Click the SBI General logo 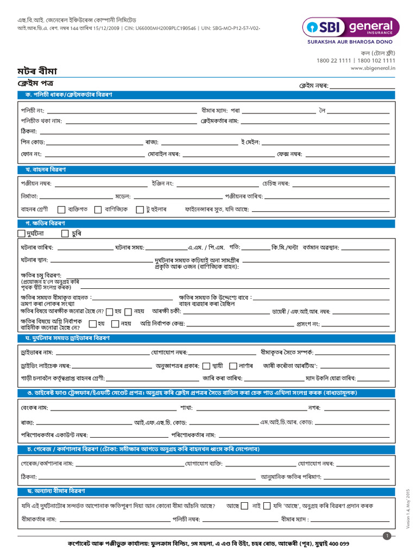[x=351, y=27]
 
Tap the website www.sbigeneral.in [x=372, y=68]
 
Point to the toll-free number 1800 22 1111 [x=337, y=61]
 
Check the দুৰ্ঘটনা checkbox [x=21, y=233]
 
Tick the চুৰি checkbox [x=65, y=233]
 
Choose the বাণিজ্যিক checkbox [x=98, y=210]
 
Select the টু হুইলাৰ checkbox [x=140, y=210]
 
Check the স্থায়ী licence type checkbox [x=206, y=365]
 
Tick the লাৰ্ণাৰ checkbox [x=233, y=365]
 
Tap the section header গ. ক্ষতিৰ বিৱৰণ [x=45, y=223]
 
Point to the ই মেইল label [x=250, y=142]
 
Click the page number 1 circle [x=387, y=536]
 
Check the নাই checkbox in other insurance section [x=266, y=506]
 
